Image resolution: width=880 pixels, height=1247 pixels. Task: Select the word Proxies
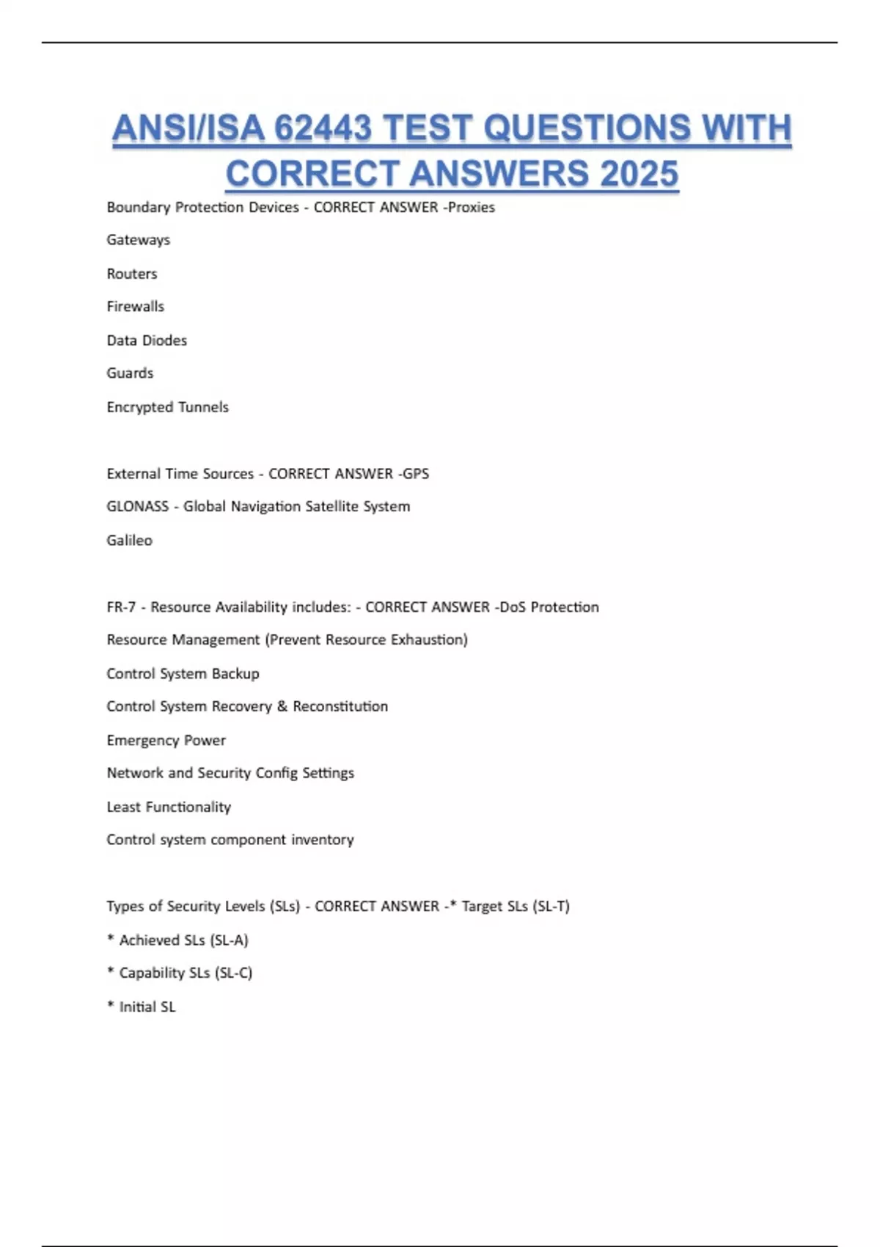coord(472,208)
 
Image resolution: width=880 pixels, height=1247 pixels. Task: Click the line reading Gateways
coord(138,240)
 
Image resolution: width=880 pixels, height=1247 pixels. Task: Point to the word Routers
coord(132,274)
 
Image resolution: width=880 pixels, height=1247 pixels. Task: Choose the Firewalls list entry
coord(136,307)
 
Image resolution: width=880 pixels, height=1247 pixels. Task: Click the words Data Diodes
coord(147,340)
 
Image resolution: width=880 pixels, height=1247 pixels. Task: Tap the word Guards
coord(130,373)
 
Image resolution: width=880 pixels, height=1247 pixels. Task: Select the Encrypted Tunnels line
coord(167,407)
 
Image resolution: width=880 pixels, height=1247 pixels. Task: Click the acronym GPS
coord(416,474)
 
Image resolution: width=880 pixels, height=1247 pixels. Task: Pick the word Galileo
coord(129,541)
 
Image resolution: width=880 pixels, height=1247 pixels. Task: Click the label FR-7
coord(121,607)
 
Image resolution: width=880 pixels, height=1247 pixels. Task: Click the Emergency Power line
coord(166,740)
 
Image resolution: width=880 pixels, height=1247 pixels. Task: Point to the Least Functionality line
coord(169,807)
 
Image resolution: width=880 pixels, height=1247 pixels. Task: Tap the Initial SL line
coord(147,1007)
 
